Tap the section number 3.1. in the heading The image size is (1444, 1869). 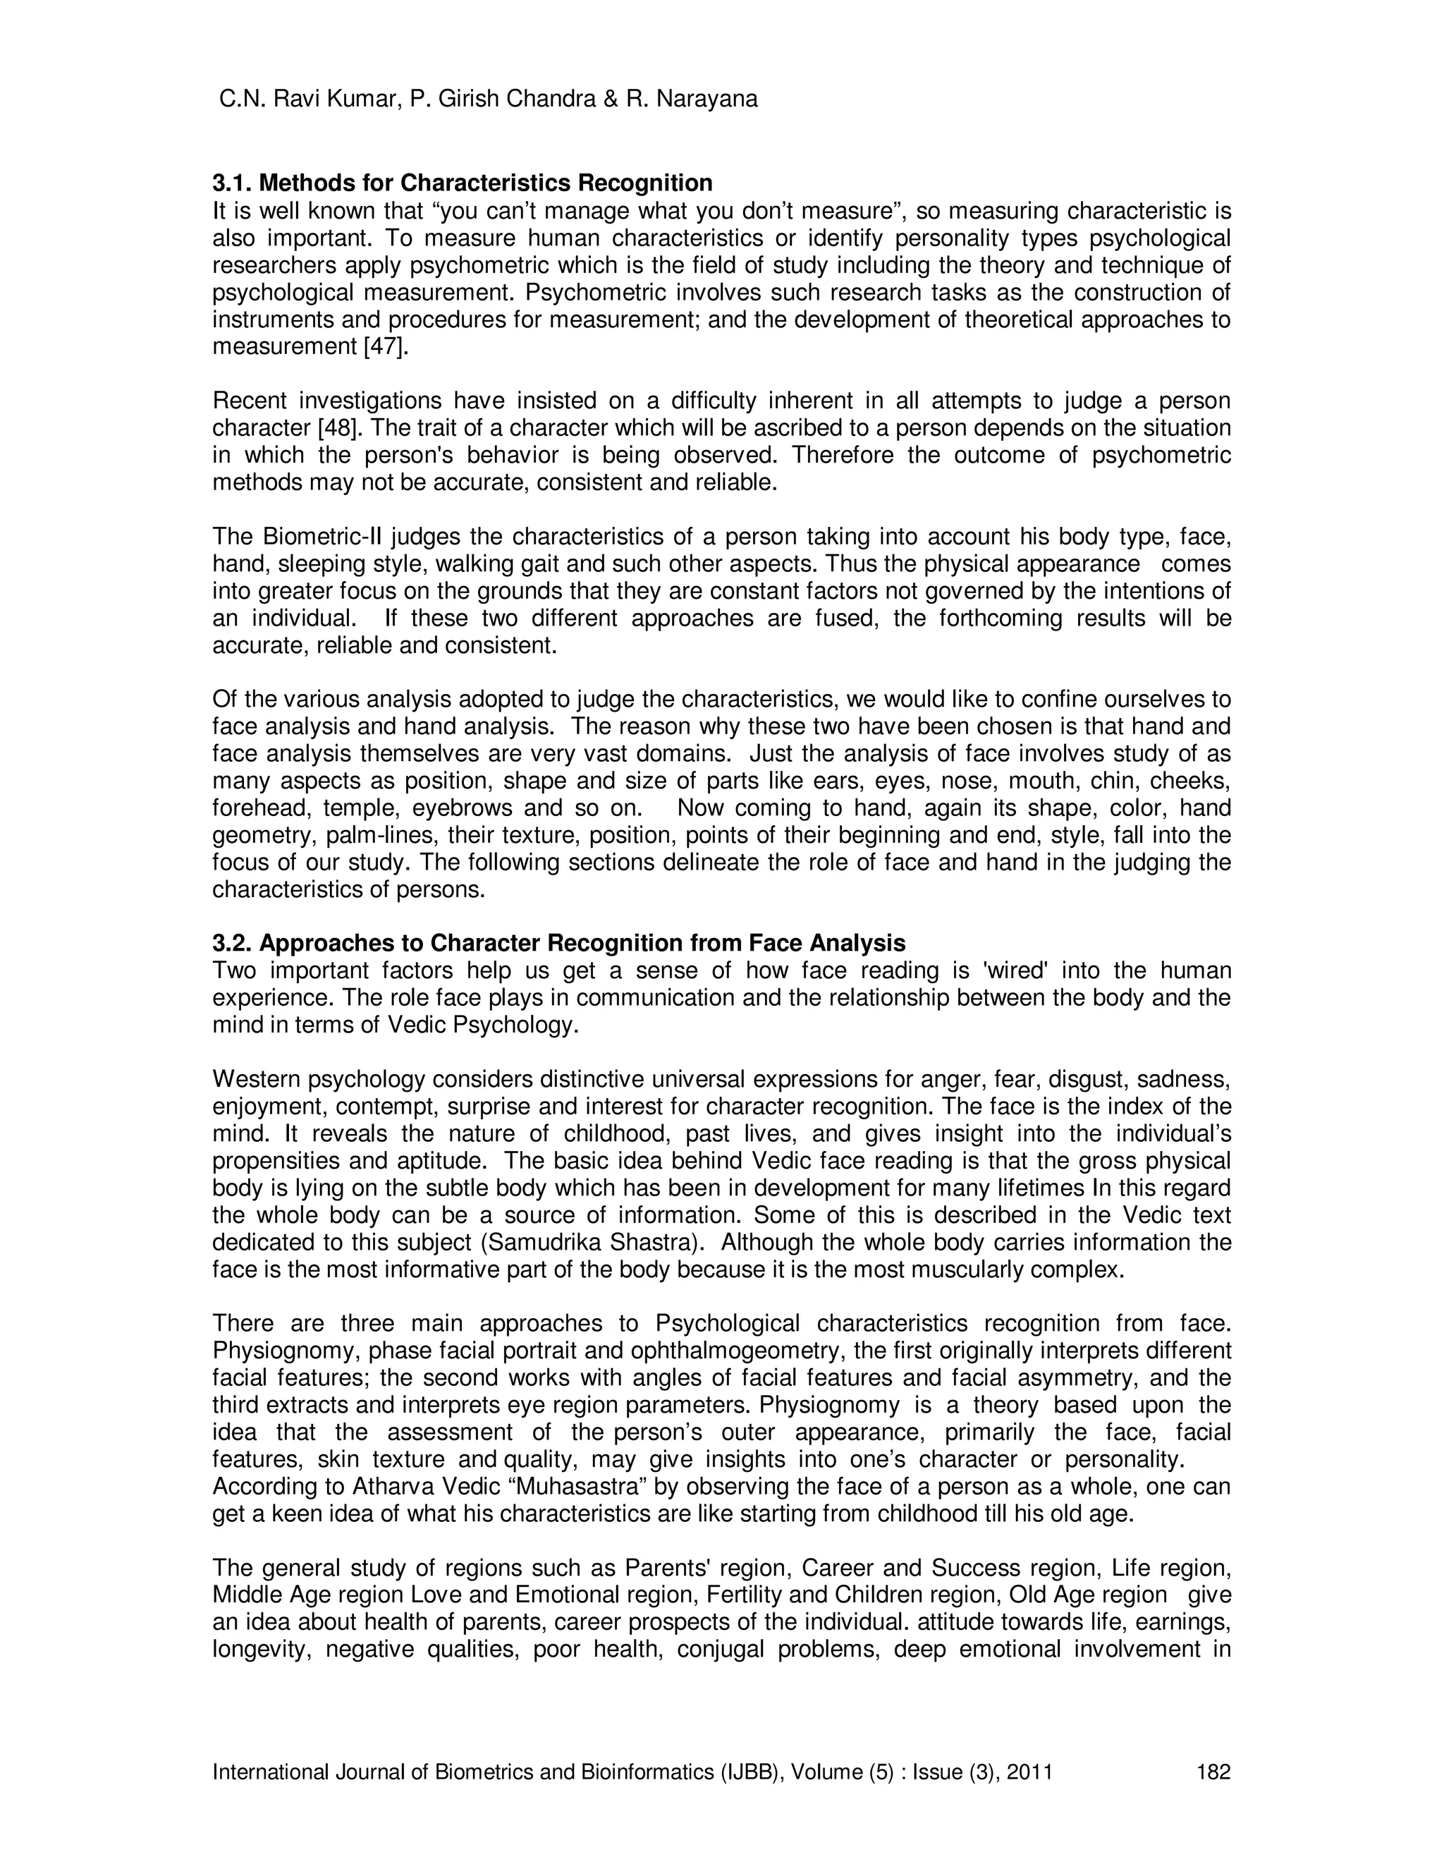click(233, 183)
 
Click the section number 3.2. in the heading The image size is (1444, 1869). click(233, 943)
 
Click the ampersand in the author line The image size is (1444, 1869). click(610, 100)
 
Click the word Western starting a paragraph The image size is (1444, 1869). click(255, 1080)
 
